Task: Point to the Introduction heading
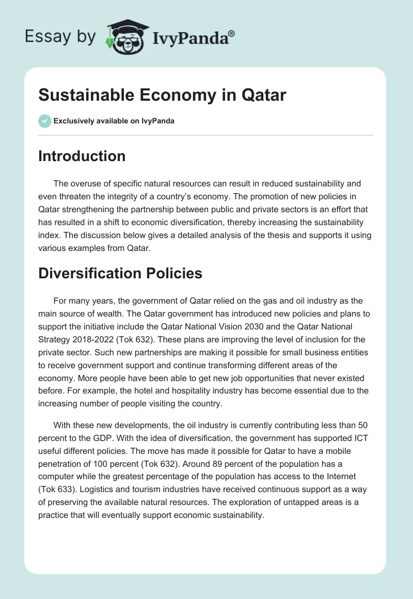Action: tap(82, 156)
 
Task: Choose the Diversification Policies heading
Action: tap(120, 273)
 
